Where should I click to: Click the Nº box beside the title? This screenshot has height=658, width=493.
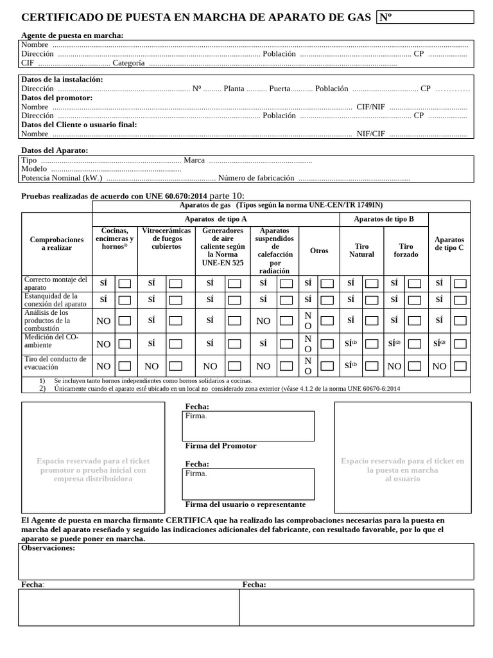tap(425, 17)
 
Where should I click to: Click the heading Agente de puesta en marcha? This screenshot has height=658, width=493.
tap(72, 35)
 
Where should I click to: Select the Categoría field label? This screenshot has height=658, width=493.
tap(128, 63)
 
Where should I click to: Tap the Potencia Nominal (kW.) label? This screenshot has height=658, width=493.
tap(62, 178)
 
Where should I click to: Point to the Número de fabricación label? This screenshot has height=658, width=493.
tap(256, 178)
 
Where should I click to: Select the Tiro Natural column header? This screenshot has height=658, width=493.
tap(361, 251)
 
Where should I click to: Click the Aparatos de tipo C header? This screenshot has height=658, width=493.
tap(449, 244)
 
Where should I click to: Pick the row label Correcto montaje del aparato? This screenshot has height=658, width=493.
tap(55, 283)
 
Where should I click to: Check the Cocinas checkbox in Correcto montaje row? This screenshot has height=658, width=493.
tap(125, 283)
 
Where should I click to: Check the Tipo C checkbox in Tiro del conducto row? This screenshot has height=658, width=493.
tap(460, 366)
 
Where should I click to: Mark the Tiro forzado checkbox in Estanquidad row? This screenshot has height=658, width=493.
tap(415, 299)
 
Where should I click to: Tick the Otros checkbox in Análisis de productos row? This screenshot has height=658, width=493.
tap(327, 321)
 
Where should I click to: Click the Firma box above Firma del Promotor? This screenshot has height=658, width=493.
tap(248, 426)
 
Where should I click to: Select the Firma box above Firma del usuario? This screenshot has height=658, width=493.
tap(248, 484)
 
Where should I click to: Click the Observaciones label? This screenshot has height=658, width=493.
tap(48, 548)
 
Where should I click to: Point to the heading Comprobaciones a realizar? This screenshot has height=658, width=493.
tap(56, 244)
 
